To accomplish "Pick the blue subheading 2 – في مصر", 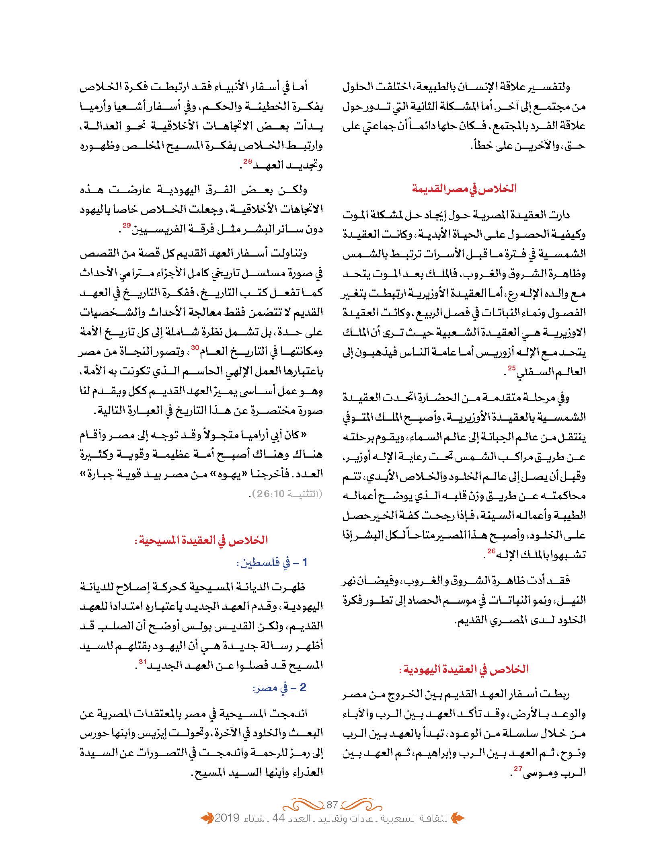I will [279, 688].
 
